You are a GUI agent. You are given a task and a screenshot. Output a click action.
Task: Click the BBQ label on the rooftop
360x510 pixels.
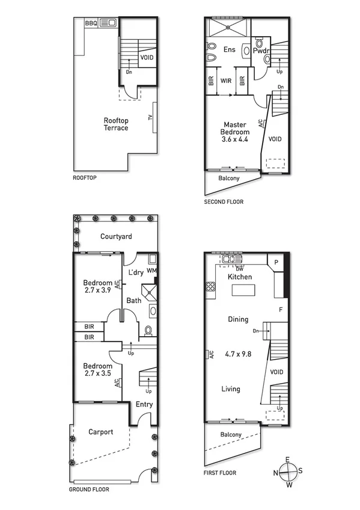[x=91, y=23]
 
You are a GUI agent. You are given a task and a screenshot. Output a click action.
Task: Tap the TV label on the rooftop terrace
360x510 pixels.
[x=150, y=118]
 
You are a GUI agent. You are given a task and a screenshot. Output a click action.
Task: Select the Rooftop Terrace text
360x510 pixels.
[x=115, y=124]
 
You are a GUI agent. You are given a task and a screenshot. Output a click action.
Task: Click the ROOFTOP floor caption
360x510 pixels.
[x=85, y=178]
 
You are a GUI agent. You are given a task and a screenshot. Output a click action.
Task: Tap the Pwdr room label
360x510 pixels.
[x=261, y=51]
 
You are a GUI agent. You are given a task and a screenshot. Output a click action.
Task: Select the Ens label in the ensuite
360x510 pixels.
[x=229, y=49]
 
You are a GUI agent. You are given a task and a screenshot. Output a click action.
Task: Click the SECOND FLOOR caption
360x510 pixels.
[x=224, y=202]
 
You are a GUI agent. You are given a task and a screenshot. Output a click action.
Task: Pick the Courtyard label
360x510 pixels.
[x=116, y=237]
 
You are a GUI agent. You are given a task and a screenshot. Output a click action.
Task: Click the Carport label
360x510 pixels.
[x=101, y=432]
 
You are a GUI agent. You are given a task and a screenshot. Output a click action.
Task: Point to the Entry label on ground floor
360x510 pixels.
[x=144, y=404]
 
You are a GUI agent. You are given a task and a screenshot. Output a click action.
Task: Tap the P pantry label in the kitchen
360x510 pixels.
[x=276, y=263]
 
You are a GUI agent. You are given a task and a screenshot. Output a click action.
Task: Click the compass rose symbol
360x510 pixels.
[x=287, y=472]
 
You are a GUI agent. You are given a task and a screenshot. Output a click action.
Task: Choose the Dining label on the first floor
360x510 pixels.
[x=237, y=320]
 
